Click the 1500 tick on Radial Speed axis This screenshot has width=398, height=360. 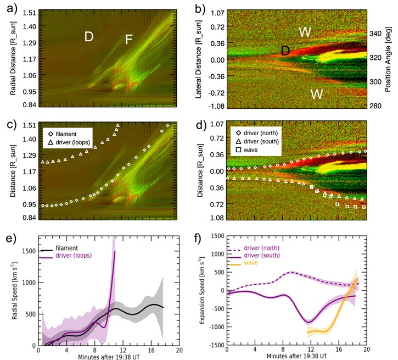coord(29,251)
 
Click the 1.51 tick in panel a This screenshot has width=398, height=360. coord(30,12)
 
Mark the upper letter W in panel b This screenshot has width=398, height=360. coord(306,32)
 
